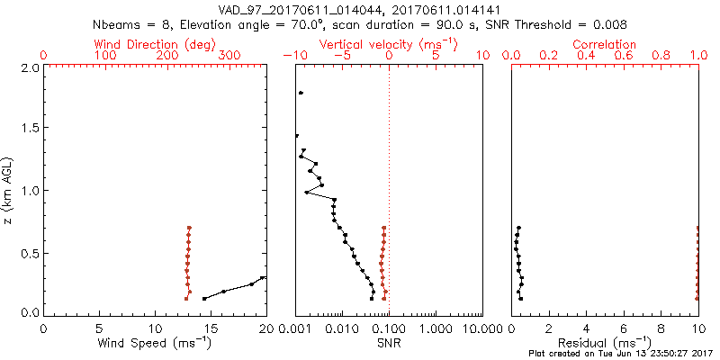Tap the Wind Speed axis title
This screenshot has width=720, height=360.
click(x=155, y=343)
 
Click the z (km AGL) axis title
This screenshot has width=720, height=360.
click(x=9, y=190)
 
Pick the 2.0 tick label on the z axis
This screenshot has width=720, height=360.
click(x=29, y=67)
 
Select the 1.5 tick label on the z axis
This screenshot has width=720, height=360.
click(x=29, y=129)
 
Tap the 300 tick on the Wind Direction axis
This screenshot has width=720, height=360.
click(x=229, y=56)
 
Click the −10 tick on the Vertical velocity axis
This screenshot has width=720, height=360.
click(x=294, y=56)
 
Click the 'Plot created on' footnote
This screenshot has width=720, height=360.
click(x=620, y=354)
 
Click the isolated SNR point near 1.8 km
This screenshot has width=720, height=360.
click(x=301, y=93)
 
